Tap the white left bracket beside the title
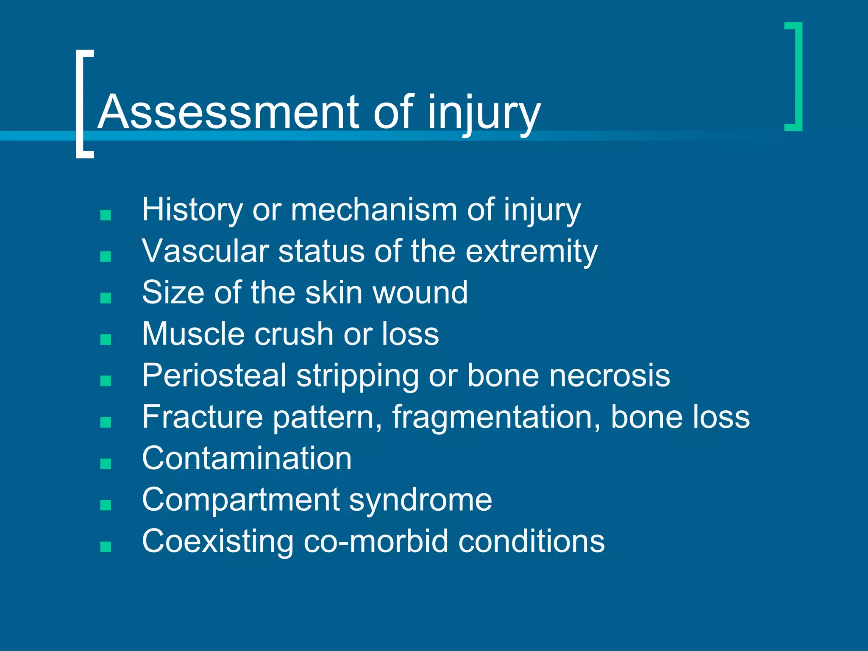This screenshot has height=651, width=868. [x=81, y=104]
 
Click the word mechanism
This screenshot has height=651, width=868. [x=373, y=210]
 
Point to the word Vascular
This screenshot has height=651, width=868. [x=205, y=251]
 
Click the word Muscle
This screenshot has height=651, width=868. [x=193, y=334]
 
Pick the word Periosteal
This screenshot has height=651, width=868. [x=214, y=376]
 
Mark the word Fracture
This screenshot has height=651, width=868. [x=202, y=417]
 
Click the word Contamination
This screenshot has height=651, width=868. [x=247, y=459]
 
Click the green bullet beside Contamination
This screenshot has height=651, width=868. [x=106, y=464]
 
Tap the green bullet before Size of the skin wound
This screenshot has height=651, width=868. [x=106, y=298]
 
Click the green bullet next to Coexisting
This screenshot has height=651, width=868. [x=106, y=547]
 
